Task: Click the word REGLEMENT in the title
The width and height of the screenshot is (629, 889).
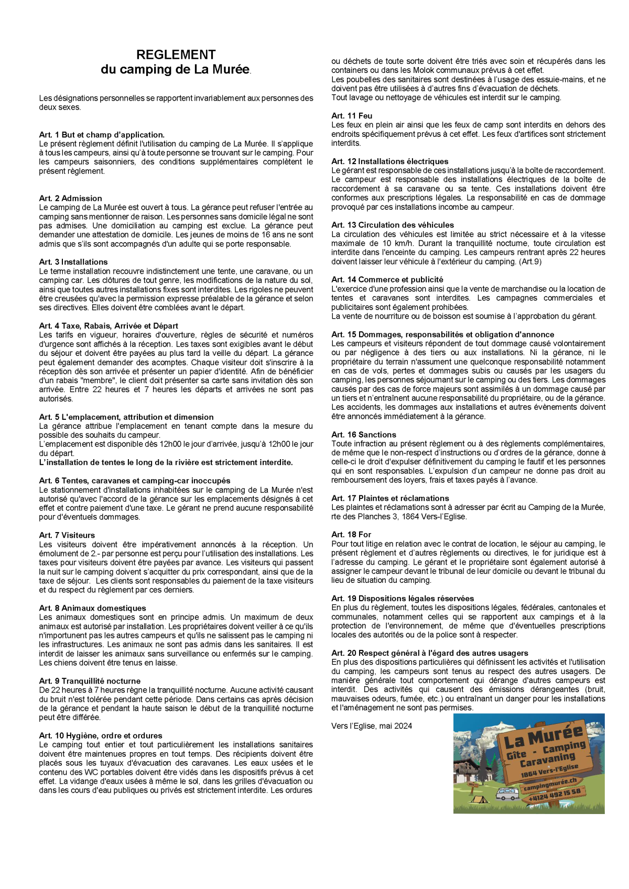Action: click(176, 55)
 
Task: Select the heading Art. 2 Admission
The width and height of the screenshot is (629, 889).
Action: click(70, 198)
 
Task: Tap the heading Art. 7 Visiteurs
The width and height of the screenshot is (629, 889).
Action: click(67, 535)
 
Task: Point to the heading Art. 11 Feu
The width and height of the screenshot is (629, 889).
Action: click(352, 116)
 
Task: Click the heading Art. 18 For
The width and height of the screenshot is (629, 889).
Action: click(351, 535)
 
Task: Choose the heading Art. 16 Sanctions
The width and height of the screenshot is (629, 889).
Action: click(363, 435)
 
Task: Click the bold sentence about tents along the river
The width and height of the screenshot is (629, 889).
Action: click(166, 462)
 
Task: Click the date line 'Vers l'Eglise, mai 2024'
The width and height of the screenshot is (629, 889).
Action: click(371, 726)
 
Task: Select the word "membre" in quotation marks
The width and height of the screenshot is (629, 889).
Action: click(101, 381)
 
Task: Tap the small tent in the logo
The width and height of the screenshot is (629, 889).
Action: click(477, 799)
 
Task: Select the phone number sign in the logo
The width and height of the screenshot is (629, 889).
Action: click(555, 795)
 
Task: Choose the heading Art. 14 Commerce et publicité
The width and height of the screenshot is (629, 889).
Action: click(387, 279)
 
